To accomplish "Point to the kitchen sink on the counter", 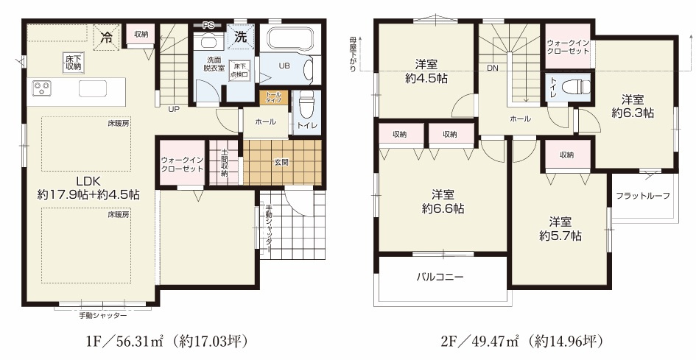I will click(x=92, y=89).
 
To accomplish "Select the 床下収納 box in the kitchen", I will click(x=73, y=62).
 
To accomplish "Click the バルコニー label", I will click(x=439, y=278).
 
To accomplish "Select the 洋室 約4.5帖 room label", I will click(x=426, y=71).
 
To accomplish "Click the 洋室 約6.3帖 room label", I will click(x=632, y=107).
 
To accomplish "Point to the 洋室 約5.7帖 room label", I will click(x=560, y=229).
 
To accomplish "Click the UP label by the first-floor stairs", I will click(x=174, y=109).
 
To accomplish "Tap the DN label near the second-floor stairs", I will click(x=492, y=68).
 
